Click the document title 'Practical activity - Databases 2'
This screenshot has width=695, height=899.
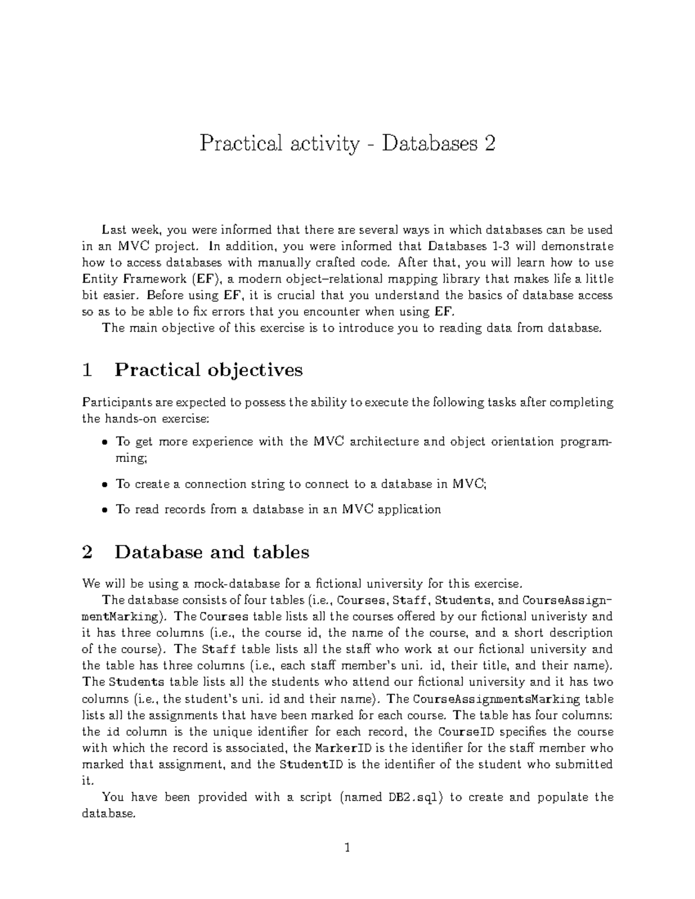348,143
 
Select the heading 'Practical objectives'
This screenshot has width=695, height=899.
209,369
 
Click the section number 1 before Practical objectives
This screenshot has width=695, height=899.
87,369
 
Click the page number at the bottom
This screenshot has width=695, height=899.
348,849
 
